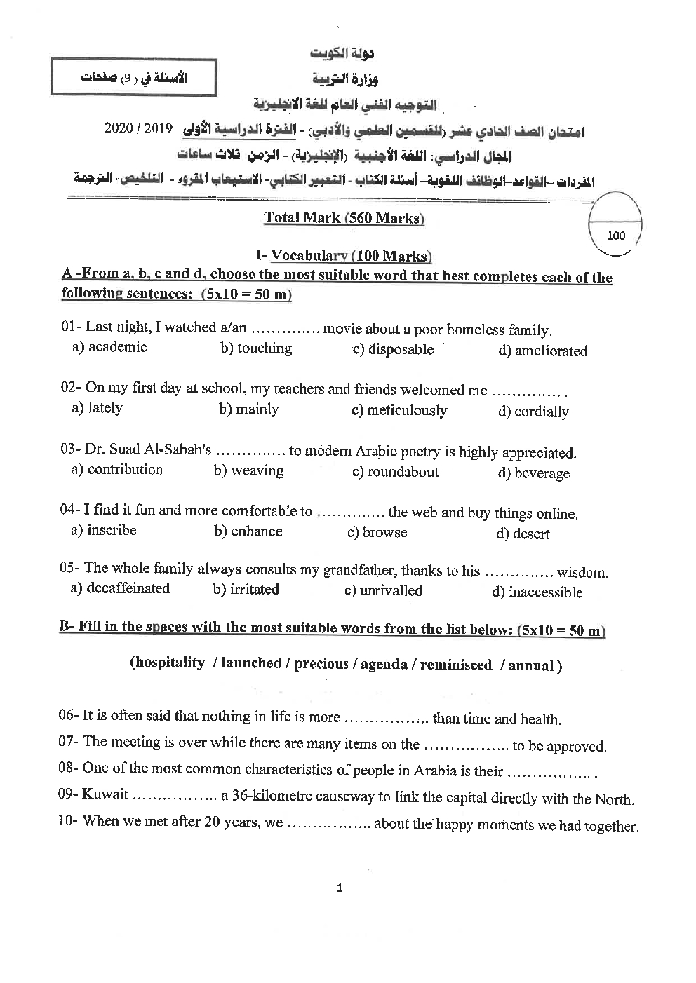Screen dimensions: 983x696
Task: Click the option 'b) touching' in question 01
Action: pyautogui.click(x=256, y=348)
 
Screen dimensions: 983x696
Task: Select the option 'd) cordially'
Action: pyautogui.click(x=533, y=412)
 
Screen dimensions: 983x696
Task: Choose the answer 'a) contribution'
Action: pyautogui.click(x=117, y=470)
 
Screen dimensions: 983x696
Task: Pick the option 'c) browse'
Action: pyautogui.click(x=377, y=533)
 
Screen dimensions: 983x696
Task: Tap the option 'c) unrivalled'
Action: pyautogui.click(x=383, y=591)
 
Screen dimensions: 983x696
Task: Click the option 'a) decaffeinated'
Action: pyautogui.click(x=120, y=589)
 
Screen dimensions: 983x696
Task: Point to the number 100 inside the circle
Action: pyautogui.click(x=616, y=236)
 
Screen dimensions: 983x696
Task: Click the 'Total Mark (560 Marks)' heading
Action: pyautogui.click(x=344, y=218)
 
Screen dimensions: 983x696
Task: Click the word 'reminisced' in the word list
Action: pyautogui.click(x=455, y=665)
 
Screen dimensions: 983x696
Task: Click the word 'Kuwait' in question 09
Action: pyautogui.click(x=105, y=795)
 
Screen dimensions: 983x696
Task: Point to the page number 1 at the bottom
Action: pyautogui.click(x=340, y=888)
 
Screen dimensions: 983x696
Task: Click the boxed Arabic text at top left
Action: pyautogui.click(x=133, y=77)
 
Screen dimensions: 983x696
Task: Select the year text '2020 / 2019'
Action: pyautogui.click(x=138, y=129)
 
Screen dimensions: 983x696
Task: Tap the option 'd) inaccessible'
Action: pyautogui.click(x=537, y=593)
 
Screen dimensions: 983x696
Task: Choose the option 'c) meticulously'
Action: pyautogui.click(x=399, y=411)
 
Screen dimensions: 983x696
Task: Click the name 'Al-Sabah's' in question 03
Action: pyautogui.click(x=176, y=450)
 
